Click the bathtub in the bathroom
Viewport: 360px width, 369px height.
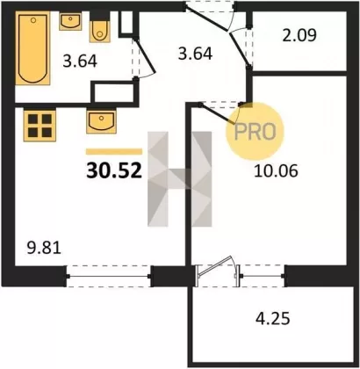coord(32,48)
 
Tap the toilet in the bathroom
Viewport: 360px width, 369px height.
coord(99,32)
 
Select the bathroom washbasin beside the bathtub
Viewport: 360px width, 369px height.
coord(70,21)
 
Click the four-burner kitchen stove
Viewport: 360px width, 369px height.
coord(40,126)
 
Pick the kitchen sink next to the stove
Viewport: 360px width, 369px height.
coord(101,121)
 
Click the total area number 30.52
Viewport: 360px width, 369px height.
coord(114,171)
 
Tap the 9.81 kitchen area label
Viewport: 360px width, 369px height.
coord(44,249)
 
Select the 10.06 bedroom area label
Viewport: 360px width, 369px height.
coord(276,170)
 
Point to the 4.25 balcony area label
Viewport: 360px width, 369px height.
coord(273,318)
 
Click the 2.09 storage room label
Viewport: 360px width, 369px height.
coord(299,35)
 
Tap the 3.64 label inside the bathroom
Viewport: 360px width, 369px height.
coord(80,61)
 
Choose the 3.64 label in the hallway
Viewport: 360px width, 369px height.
coord(195,54)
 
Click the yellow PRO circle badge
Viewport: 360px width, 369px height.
coord(255,132)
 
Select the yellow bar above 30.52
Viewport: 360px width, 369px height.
coord(114,151)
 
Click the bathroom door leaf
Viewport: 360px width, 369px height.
coord(146,55)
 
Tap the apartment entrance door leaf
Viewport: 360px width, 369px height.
coord(206,18)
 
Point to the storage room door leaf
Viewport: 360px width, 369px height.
coord(241,50)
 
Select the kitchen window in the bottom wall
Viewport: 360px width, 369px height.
coord(109,276)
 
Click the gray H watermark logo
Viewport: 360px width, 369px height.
coord(180,179)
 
